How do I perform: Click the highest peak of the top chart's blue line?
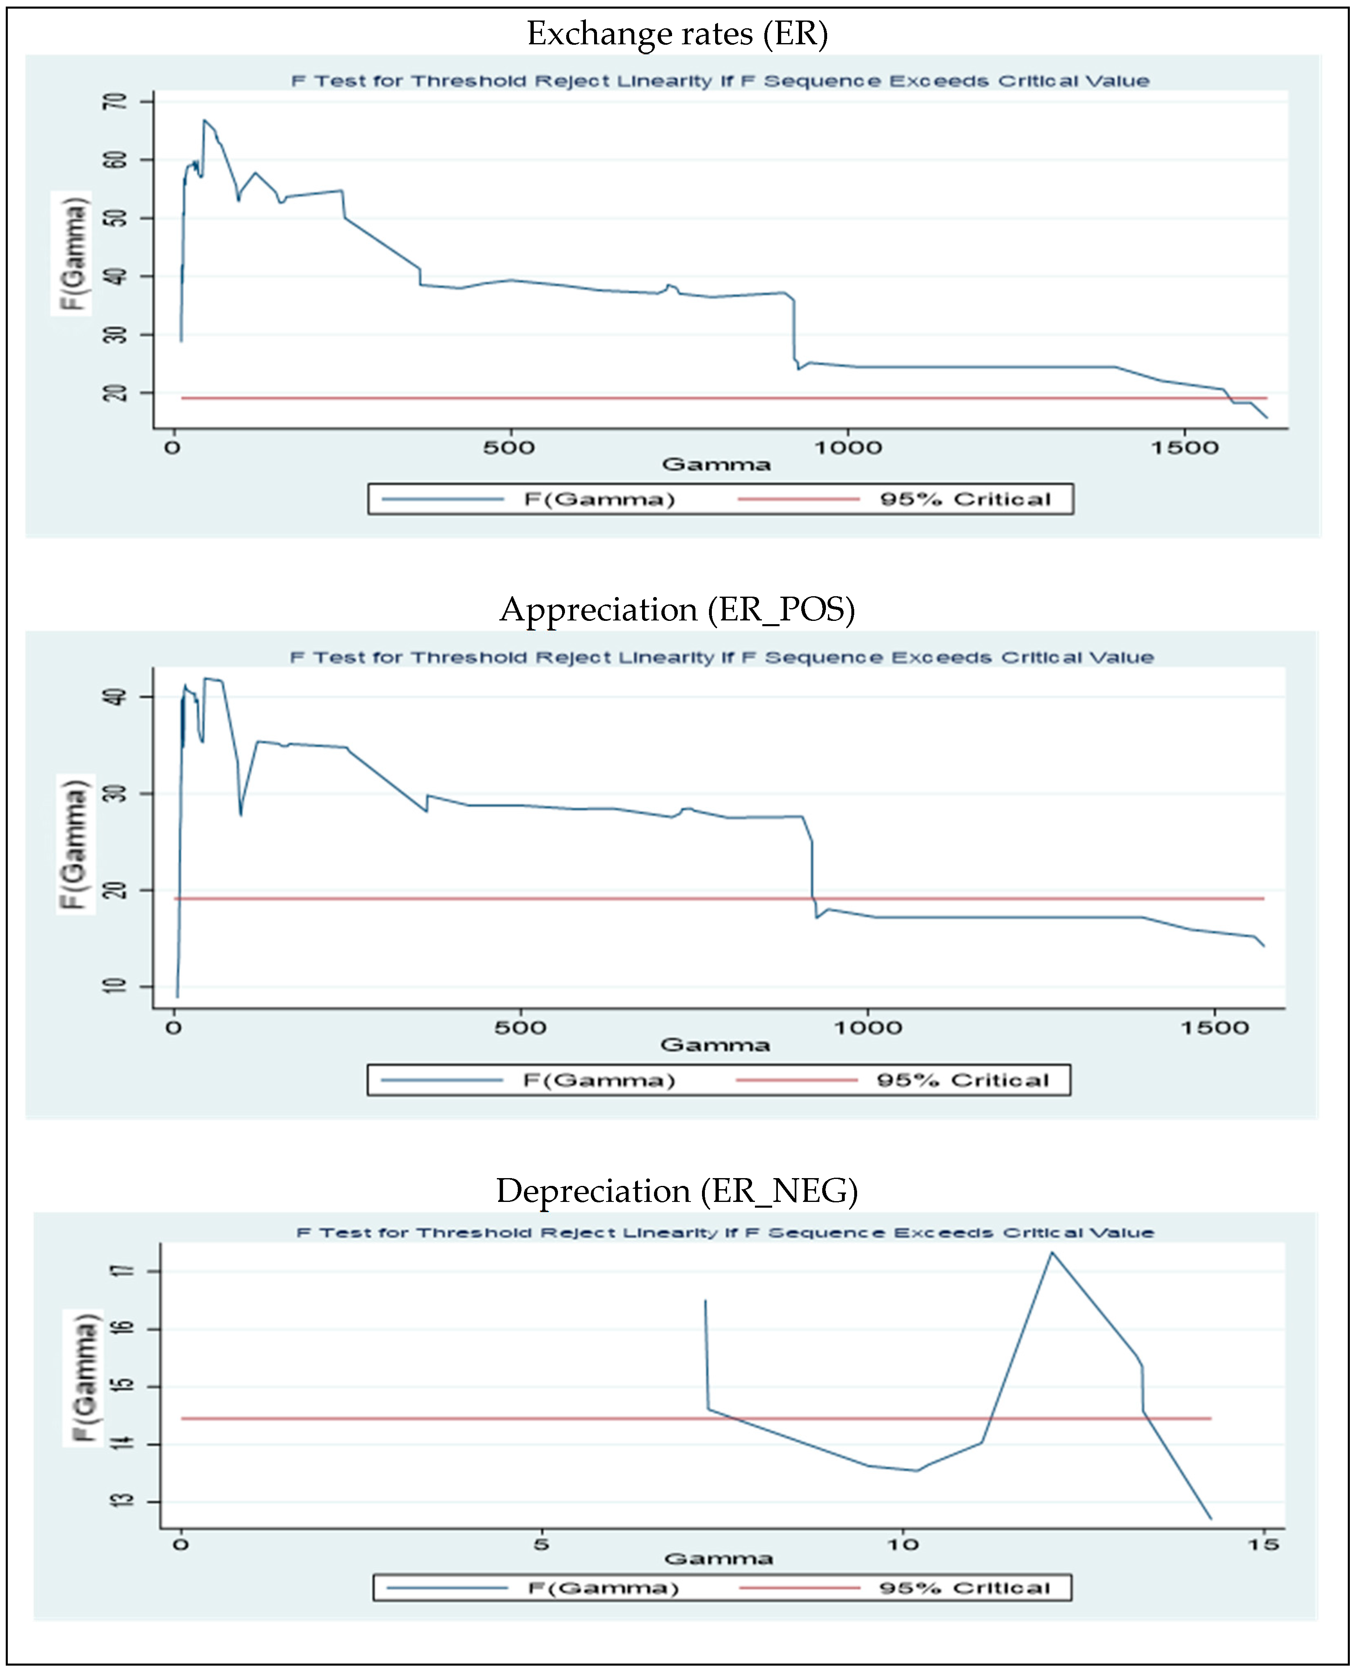point(204,120)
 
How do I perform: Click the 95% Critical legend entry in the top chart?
point(965,499)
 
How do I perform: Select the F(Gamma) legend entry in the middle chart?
point(598,1080)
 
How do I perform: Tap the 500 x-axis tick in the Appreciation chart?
point(520,1028)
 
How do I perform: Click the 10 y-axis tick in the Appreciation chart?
point(118,986)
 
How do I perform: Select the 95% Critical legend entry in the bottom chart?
point(965,1588)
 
